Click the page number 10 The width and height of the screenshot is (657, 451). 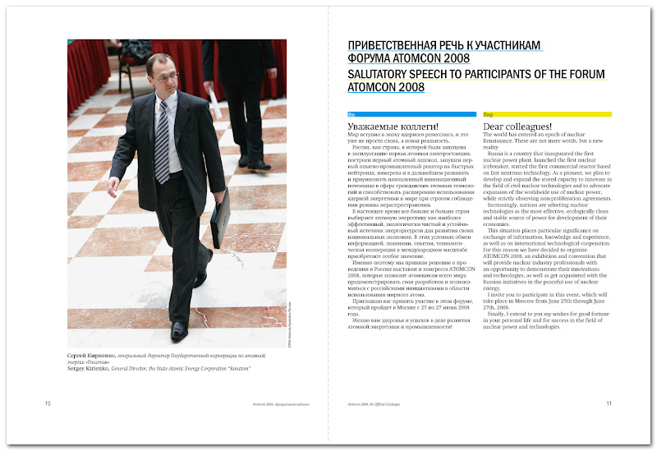point(48,403)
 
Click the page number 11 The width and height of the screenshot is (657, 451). point(609,403)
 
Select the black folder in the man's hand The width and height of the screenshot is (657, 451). point(219,219)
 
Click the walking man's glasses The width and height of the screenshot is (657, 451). point(165,76)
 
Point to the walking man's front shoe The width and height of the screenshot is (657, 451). point(178,329)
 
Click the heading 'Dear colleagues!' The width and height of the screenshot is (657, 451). point(519,126)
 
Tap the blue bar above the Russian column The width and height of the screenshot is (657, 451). point(411,113)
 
